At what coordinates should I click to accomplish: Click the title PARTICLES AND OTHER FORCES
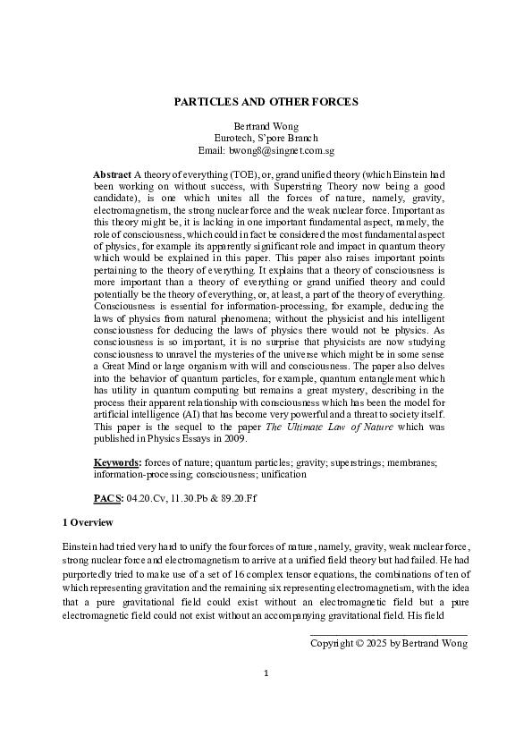pyautogui.click(x=266, y=102)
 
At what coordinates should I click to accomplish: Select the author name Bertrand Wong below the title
pyautogui.click(x=266, y=126)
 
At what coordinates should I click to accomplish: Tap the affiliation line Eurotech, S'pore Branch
pyautogui.click(x=266, y=139)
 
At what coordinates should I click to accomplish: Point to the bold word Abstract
pyautogui.click(x=112, y=171)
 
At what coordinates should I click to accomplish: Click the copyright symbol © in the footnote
pyautogui.click(x=360, y=642)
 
